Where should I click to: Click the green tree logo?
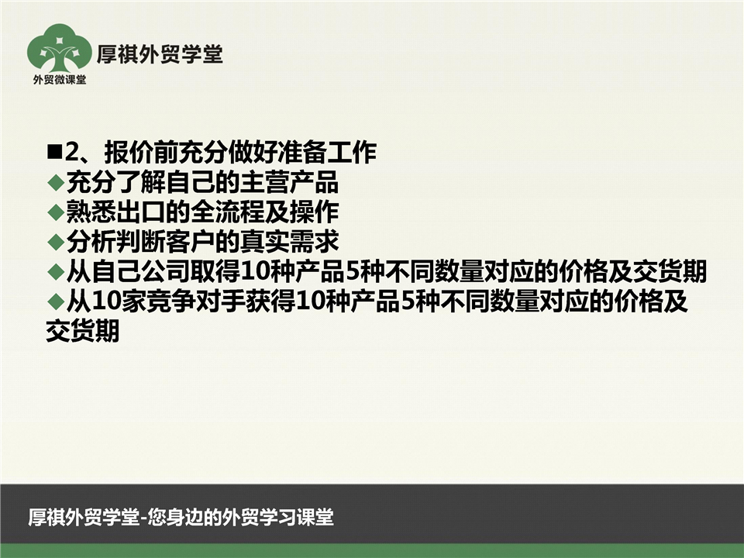pyautogui.click(x=60, y=49)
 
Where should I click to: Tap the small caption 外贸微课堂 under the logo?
pyautogui.click(x=60, y=80)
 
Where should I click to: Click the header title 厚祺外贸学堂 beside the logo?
pyautogui.click(x=160, y=54)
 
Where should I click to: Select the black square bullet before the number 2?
pyautogui.click(x=55, y=152)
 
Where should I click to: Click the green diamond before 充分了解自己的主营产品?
pyautogui.click(x=56, y=182)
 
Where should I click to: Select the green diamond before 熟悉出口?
pyautogui.click(x=56, y=212)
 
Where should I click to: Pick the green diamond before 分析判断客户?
pyautogui.click(x=56, y=242)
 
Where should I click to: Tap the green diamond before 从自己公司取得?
pyautogui.click(x=56, y=272)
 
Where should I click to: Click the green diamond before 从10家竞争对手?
pyautogui.click(x=56, y=301)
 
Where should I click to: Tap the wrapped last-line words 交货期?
pyautogui.click(x=83, y=331)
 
